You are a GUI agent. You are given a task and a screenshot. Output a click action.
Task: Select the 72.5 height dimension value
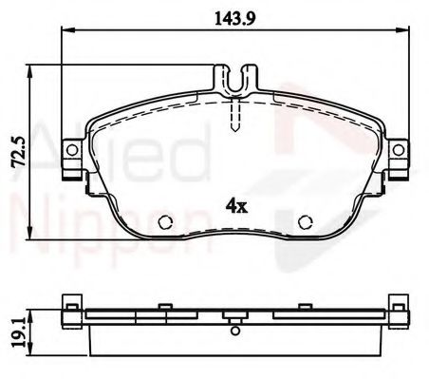tap(15, 151)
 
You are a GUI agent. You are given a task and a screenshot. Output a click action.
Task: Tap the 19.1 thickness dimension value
tap(15, 330)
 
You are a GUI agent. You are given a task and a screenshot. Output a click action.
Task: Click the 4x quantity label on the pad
tap(235, 204)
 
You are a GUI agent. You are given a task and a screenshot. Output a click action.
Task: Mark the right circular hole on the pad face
tap(306, 224)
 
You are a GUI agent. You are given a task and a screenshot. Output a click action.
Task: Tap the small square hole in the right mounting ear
tap(400, 151)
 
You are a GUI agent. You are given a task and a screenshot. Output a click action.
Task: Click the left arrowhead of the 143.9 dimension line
tap(65, 34)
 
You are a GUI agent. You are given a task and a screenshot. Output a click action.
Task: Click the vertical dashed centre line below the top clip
tap(234, 114)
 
